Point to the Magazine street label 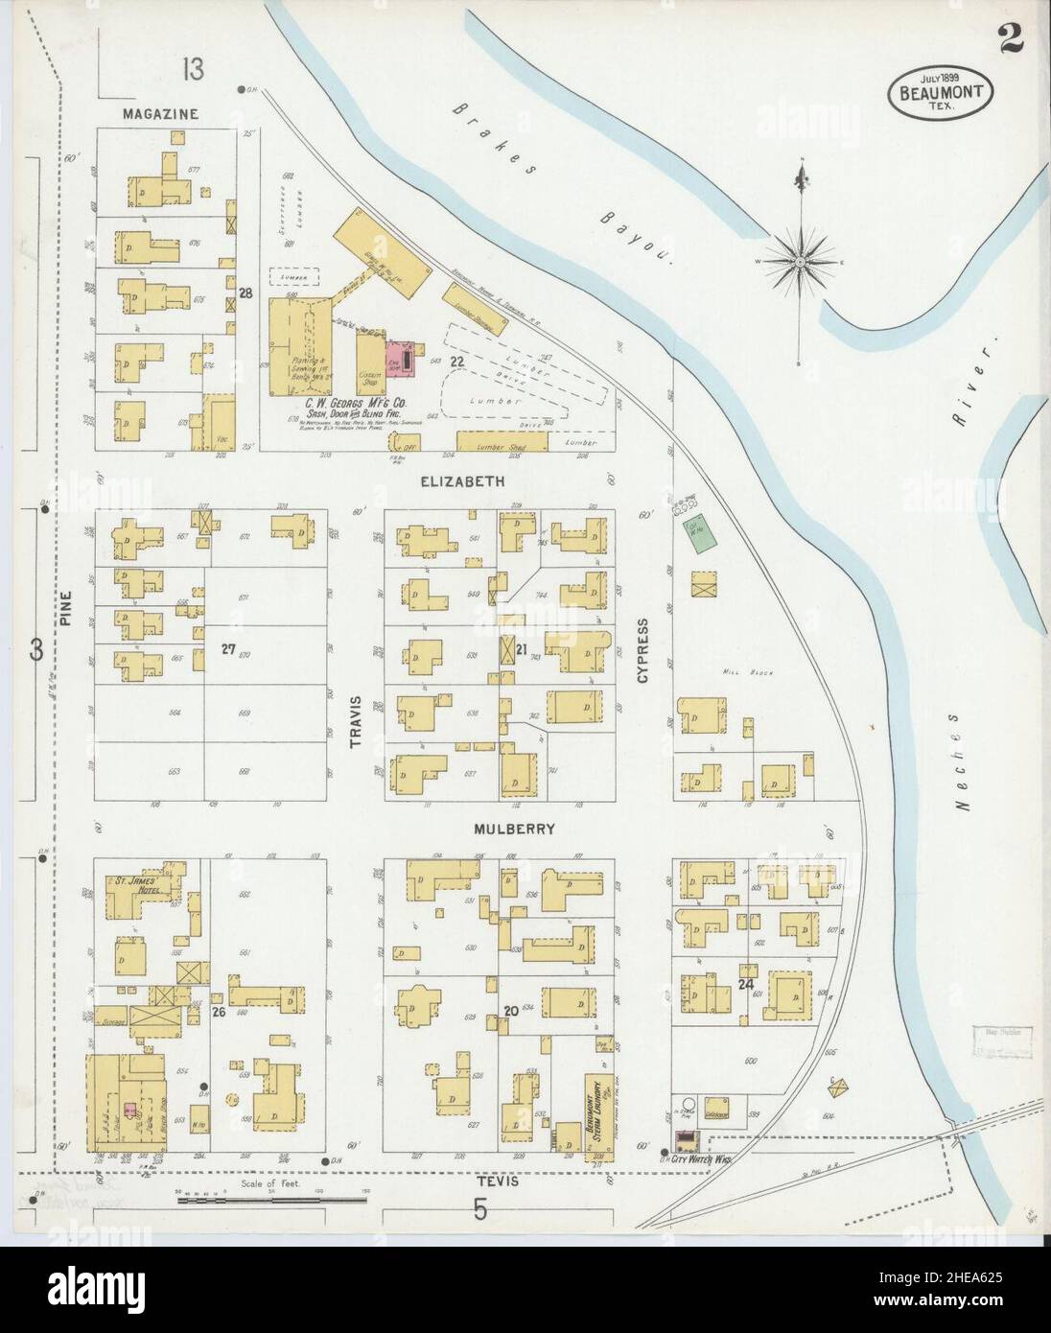pyautogui.click(x=160, y=113)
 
